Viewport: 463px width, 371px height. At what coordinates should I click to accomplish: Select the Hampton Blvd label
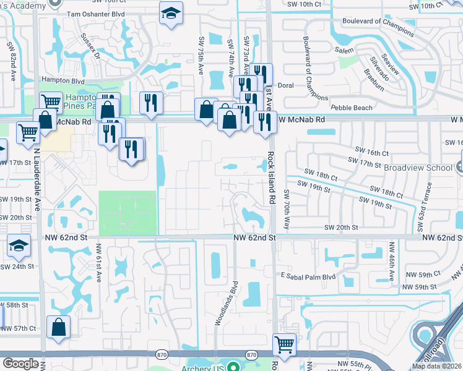point(62,80)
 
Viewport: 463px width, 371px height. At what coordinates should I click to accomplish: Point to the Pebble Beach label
point(352,108)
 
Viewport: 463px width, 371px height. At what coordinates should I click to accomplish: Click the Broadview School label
point(419,168)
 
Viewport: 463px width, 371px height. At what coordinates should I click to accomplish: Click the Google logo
point(20,364)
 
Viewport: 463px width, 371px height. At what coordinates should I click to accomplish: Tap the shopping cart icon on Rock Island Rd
point(284,343)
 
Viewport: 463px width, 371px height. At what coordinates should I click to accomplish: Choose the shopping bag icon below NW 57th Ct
point(58,327)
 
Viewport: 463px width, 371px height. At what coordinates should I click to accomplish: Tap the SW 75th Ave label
point(201,55)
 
